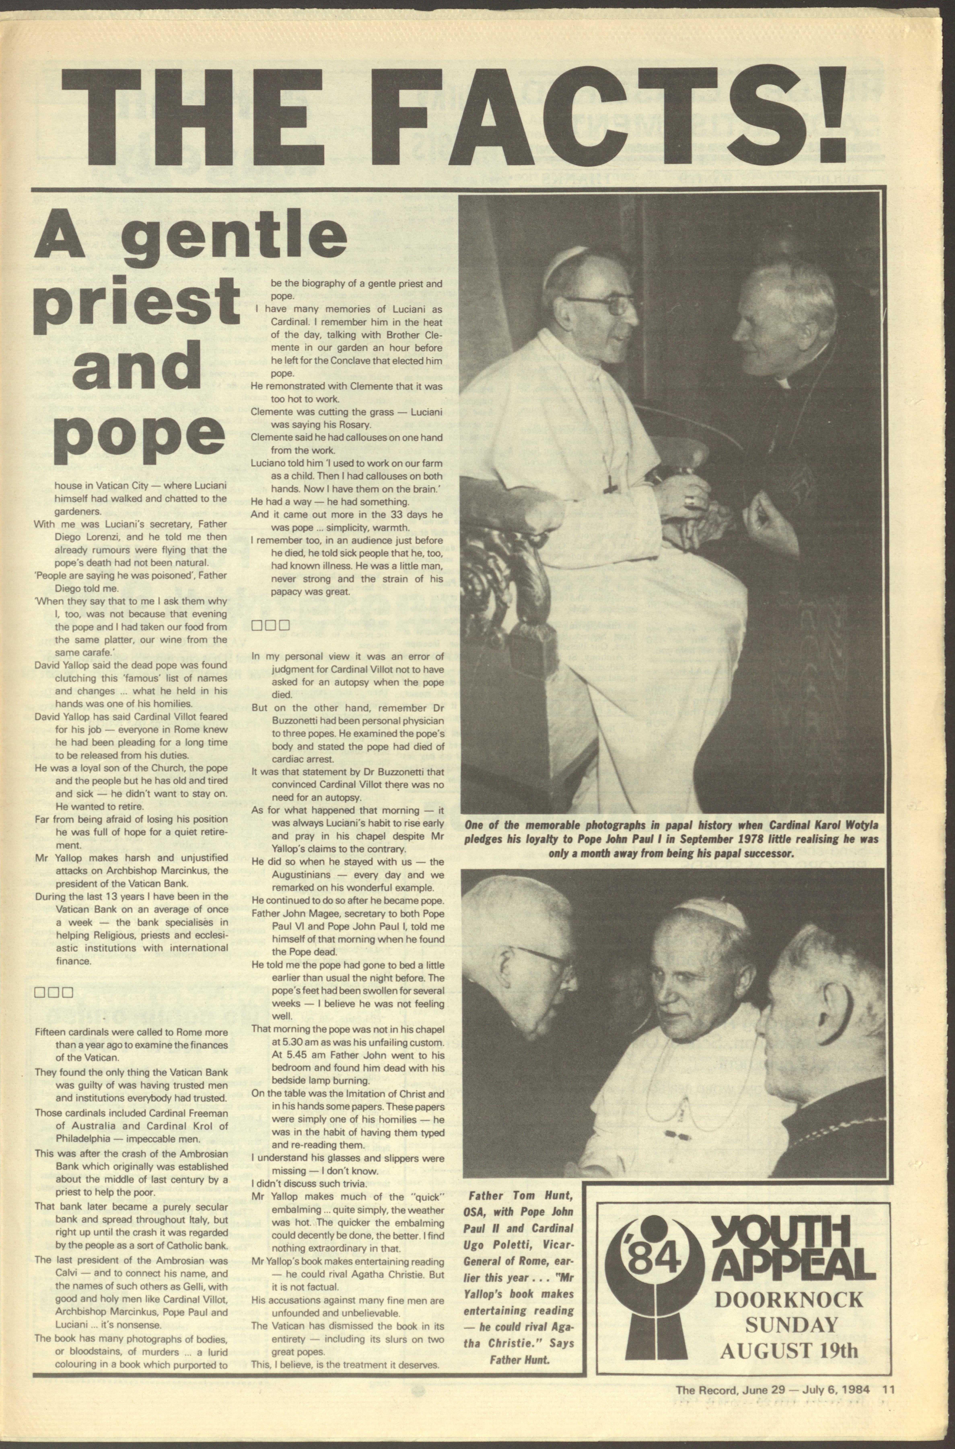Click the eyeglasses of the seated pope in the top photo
pyautogui.click(x=600, y=304)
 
